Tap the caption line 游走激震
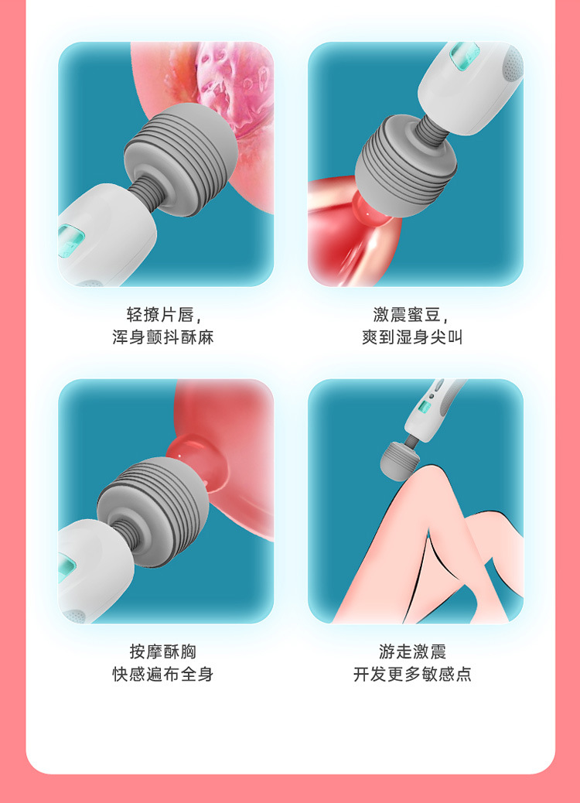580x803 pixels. click(x=413, y=651)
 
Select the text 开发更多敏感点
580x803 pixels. click(x=413, y=675)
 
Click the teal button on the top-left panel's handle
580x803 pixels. click(x=67, y=241)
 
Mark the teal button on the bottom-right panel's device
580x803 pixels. click(x=424, y=408)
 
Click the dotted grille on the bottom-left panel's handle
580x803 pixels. click(x=75, y=616)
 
